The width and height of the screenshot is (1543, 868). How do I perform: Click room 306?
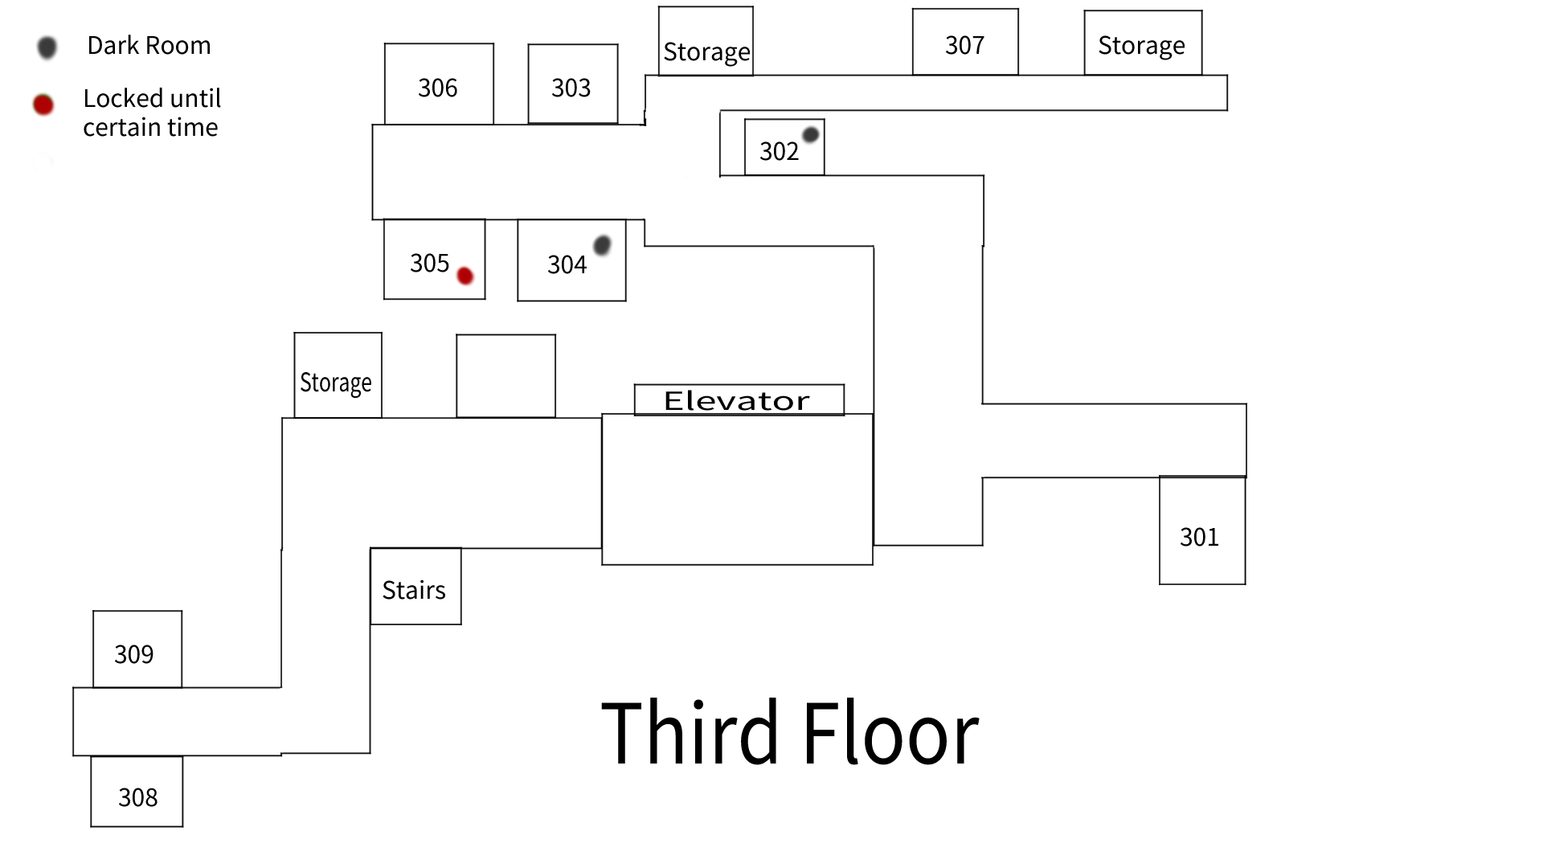pyautogui.click(x=439, y=84)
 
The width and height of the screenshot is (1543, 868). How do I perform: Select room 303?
pyautogui.click(x=572, y=84)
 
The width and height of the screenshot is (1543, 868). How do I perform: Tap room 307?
pyautogui.click(x=965, y=43)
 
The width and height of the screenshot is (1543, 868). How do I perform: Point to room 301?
pyautogui.click(x=1201, y=531)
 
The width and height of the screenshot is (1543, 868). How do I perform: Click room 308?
pyautogui.click(x=137, y=792)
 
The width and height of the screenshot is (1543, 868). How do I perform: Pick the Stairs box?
pyautogui.click(x=415, y=587)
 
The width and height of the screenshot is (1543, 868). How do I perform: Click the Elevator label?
pyautogui.click(x=738, y=400)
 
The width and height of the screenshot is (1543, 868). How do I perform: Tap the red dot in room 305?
pyautogui.click(x=465, y=276)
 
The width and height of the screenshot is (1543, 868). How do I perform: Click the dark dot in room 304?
pyautogui.click(x=602, y=244)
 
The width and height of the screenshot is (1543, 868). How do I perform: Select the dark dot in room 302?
pyautogui.click(x=810, y=134)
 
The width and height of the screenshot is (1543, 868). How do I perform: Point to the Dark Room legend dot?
pyautogui.click(x=47, y=47)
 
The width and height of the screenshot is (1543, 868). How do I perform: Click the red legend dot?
pyautogui.click(x=43, y=104)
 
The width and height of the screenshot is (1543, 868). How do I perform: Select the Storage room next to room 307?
pyautogui.click(x=1142, y=43)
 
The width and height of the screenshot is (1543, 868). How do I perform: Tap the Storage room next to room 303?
pyautogui.click(x=706, y=43)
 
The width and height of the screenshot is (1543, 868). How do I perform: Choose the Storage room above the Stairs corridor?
pyautogui.click(x=338, y=375)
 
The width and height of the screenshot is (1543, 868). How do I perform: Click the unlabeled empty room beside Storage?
pyautogui.click(x=505, y=375)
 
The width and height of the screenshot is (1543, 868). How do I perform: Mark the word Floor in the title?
pyautogui.click(x=890, y=733)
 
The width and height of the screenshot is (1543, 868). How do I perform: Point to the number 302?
pyautogui.click(x=779, y=151)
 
